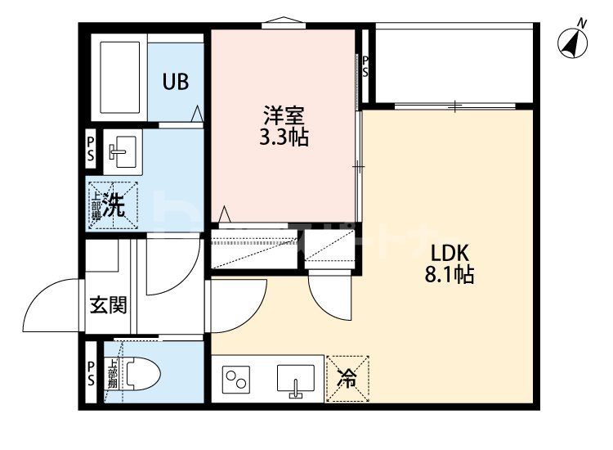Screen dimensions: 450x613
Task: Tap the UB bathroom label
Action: tap(175, 82)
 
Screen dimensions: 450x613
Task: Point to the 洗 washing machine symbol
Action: tap(113, 205)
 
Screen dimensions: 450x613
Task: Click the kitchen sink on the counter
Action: tap(296, 380)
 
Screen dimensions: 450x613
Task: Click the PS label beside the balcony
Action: tap(365, 66)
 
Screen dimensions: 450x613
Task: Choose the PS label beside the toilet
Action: tap(91, 373)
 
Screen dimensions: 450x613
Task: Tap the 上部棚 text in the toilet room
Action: tap(112, 373)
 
